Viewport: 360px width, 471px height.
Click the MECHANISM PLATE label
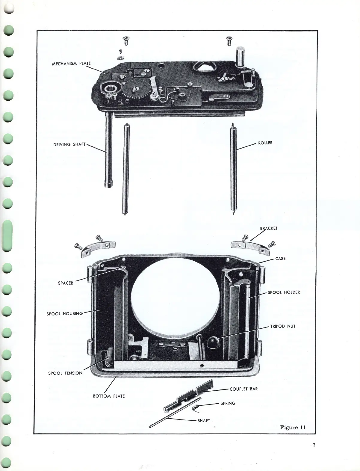coord(71,64)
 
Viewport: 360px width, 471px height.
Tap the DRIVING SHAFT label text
coord(69,144)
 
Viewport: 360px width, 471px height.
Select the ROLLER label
coord(265,143)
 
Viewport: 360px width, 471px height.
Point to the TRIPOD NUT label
coord(282,326)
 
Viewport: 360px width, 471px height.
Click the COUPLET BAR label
coord(243,389)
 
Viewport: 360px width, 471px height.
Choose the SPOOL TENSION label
coord(65,373)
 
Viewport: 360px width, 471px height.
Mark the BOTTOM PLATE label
coord(109,396)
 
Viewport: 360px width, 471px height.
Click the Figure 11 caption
coord(293,427)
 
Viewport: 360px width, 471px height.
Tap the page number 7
coord(314,445)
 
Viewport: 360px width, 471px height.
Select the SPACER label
coord(65,283)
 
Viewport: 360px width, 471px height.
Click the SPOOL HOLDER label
coord(283,292)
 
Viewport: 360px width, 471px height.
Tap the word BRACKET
coord(268,228)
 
